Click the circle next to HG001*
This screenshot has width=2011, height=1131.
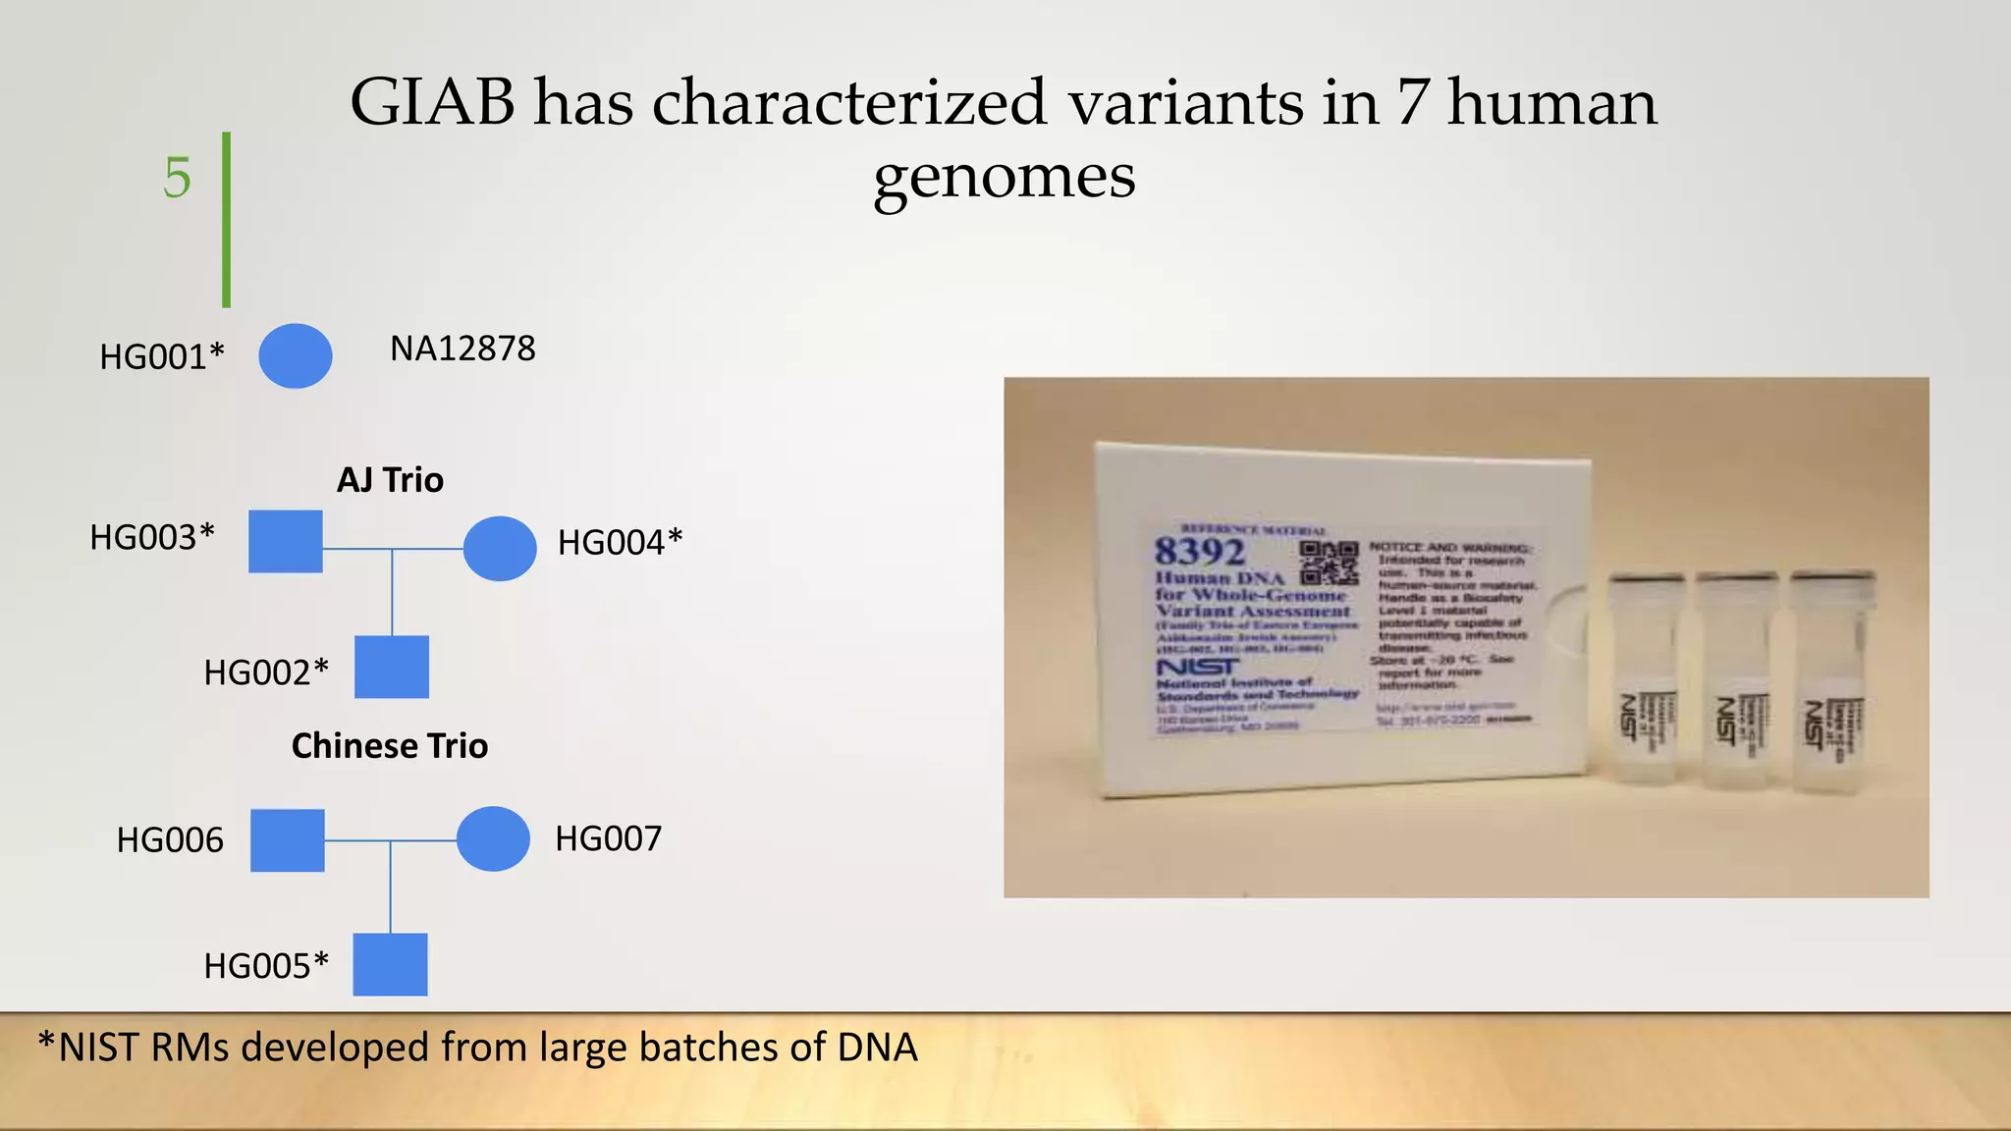coord(295,355)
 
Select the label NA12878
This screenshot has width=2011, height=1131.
coord(462,349)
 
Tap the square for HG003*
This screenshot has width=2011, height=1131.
coord(286,541)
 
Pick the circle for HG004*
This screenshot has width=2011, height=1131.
coord(500,548)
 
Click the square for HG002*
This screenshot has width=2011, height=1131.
coord(391,667)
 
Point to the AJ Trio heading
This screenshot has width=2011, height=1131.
coord(390,480)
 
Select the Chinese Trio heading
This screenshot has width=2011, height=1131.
coord(390,746)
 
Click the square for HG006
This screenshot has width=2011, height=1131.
coord(287,840)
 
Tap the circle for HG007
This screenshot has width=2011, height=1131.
coord(493,838)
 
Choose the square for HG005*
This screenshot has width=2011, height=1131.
coord(390,964)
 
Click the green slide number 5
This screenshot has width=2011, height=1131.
coord(177,178)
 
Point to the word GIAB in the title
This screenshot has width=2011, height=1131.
coord(432,102)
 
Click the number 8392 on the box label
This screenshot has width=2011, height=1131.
coord(1199,552)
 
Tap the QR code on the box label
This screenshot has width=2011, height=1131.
coord(1329,562)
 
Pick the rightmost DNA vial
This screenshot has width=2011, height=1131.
coord(1832,681)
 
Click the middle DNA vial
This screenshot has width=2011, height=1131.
coord(1737,681)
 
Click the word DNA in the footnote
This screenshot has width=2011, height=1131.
coord(877,1048)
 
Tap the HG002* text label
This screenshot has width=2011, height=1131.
coord(266,673)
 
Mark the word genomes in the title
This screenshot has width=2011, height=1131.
coord(1005,178)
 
